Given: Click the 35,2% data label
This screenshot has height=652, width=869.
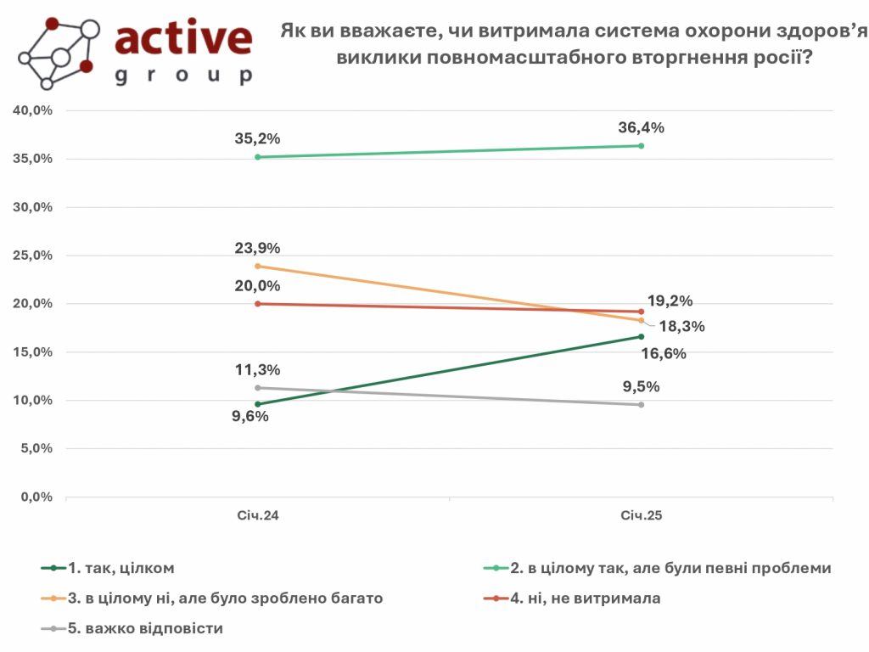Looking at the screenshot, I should click(x=257, y=139).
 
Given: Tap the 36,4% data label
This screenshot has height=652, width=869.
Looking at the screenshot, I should click(x=641, y=128).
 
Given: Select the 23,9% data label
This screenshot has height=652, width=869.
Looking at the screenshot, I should click(x=257, y=248).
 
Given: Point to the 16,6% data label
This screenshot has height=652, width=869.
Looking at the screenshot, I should click(x=664, y=354).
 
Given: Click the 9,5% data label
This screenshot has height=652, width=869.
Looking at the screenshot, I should click(x=641, y=387).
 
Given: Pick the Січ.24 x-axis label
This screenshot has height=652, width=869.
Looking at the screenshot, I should click(x=258, y=516).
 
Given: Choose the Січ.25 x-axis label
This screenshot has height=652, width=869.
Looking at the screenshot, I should click(x=641, y=516).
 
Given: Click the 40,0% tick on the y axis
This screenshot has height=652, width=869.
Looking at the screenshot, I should click(x=32, y=110).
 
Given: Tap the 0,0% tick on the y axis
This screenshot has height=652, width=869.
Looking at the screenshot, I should click(x=36, y=497).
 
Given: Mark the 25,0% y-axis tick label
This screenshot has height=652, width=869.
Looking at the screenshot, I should click(x=32, y=256).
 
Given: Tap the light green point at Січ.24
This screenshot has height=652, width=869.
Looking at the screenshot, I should click(x=257, y=157).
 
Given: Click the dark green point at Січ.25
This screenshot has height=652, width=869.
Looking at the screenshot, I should click(x=641, y=336).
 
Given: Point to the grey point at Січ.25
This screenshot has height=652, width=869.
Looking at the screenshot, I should click(x=641, y=405).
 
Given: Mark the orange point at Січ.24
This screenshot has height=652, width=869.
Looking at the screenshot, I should click(x=257, y=266).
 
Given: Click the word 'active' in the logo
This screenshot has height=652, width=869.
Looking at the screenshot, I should click(x=183, y=38).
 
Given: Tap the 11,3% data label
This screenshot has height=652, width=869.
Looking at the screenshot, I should click(x=257, y=370).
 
